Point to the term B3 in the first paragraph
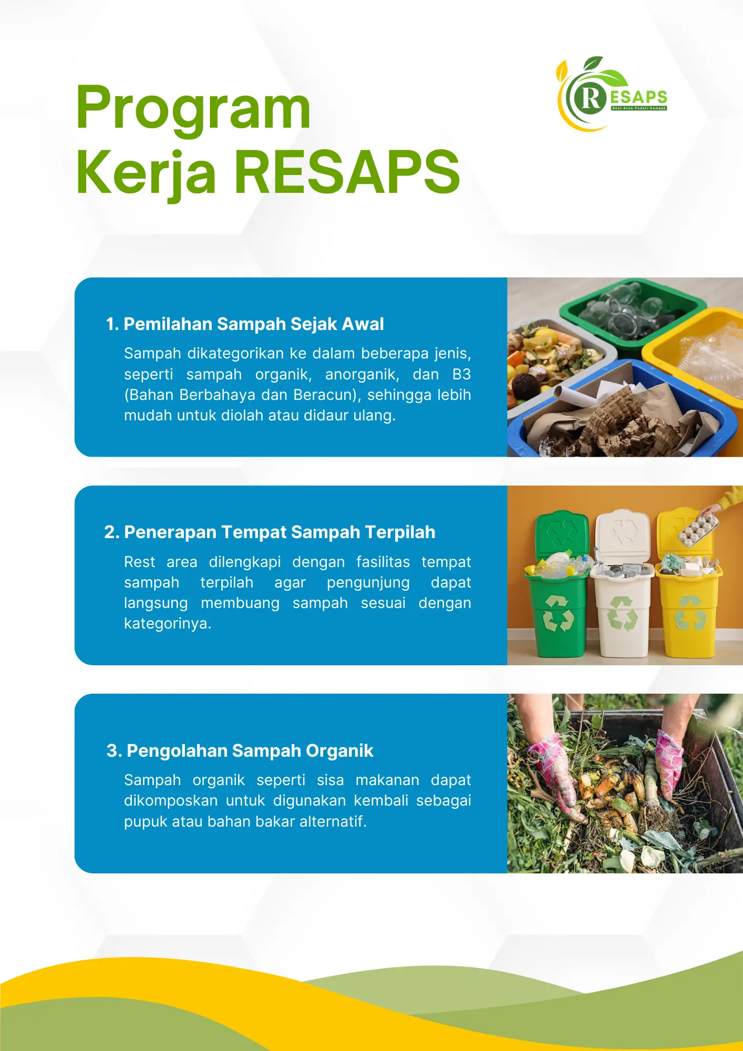(461, 374)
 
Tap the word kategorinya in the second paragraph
(167, 624)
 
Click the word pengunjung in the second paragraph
(368, 583)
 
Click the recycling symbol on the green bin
(558, 613)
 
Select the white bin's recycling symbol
(623, 613)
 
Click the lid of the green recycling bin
(562, 534)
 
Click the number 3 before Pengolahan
(111, 751)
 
